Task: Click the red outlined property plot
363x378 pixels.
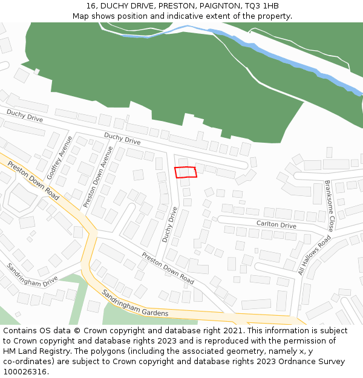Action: (x=186, y=172)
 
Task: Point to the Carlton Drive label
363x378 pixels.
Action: (x=276, y=224)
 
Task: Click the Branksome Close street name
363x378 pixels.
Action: (x=329, y=206)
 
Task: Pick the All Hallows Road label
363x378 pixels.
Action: (x=314, y=255)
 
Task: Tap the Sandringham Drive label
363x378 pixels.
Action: (x=31, y=274)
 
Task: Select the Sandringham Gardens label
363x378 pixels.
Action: (x=134, y=303)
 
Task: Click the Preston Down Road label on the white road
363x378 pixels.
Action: (x=168, y=268)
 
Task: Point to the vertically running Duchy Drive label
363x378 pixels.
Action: (x=169, y=225)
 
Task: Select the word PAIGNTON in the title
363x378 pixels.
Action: (x=215, y=6)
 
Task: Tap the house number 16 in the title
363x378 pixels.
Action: (x=91, y=6)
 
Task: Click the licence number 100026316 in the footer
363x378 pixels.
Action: (x=25, y=371)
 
